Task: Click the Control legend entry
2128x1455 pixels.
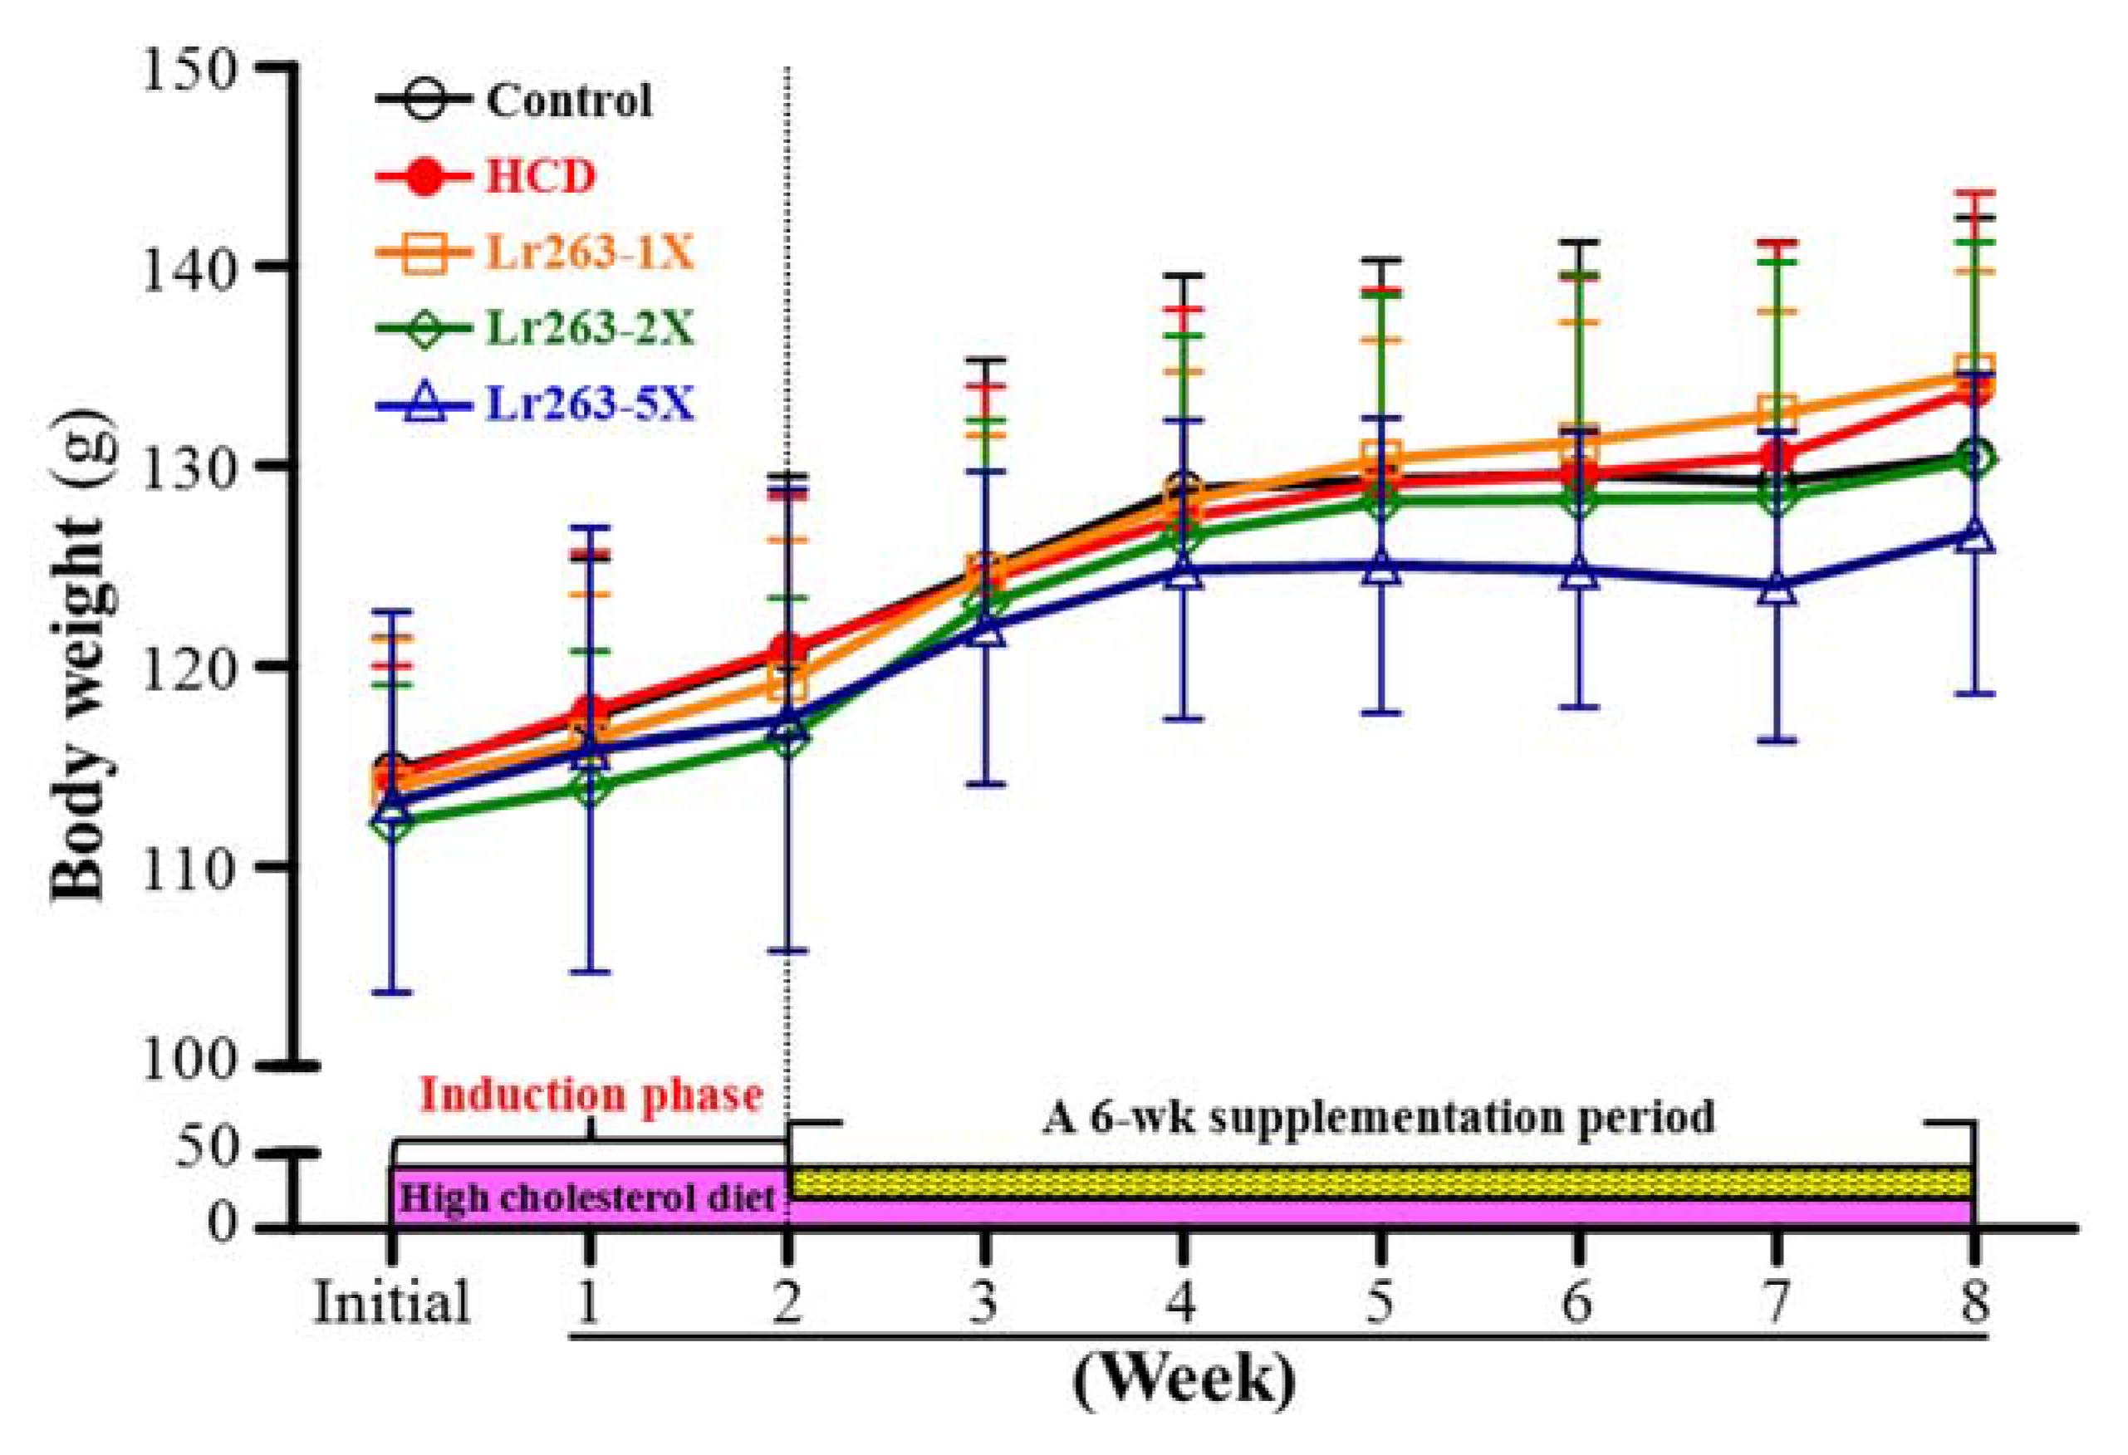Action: (x=567, y=100)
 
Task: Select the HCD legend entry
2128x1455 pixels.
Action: (x=539, y=176)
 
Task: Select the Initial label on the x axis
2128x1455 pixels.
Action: (x=392, y=1302)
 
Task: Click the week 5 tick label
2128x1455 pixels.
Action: (x=1380, y=1302)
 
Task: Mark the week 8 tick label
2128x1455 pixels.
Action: (x=1974, y=1302)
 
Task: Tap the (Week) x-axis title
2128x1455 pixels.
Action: (x=1184, y=1380)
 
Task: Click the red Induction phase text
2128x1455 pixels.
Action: (x=591, y=1095)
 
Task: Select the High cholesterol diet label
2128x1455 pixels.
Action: (x=588, y=1198)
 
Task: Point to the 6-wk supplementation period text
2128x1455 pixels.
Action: (x=1378, y=1116)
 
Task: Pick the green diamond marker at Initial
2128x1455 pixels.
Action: (x=392, y=823)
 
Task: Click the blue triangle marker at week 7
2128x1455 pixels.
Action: (x=1777, y=588)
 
